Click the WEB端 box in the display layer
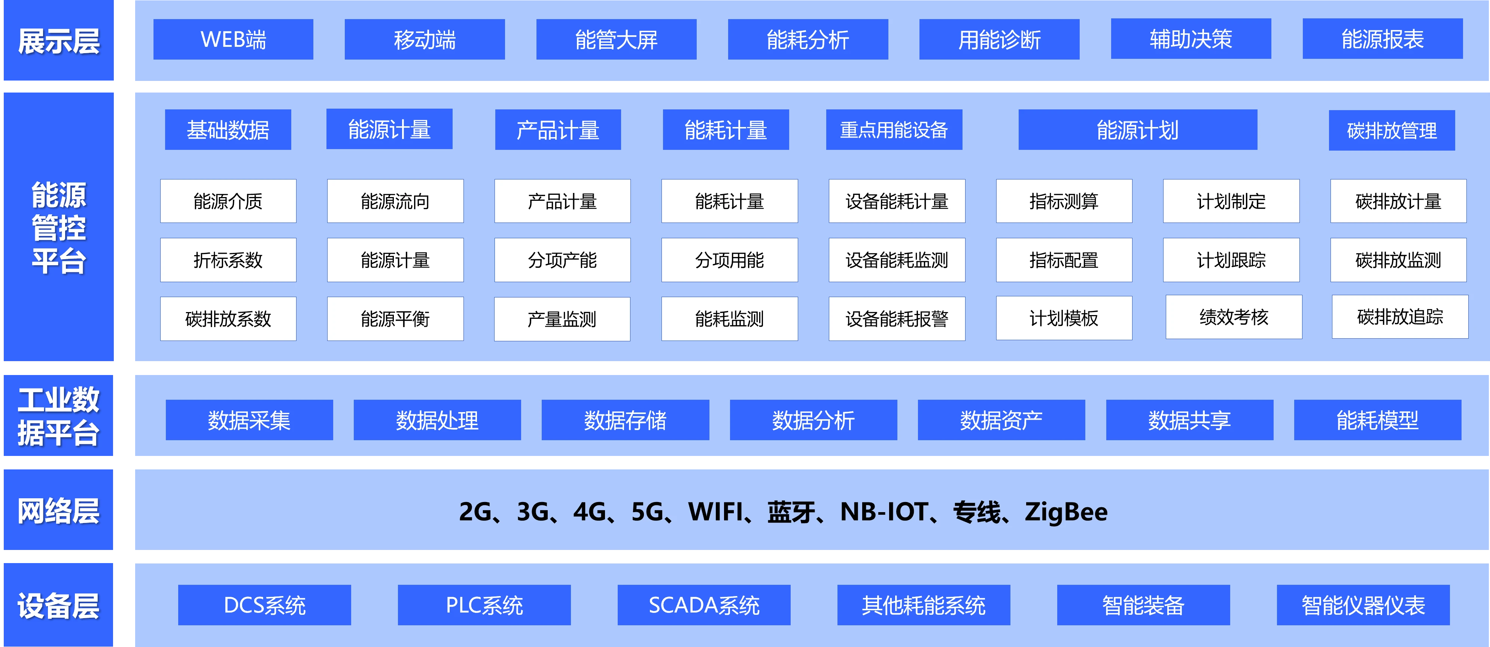[x=233, y=39]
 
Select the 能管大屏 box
[x=616, y=39]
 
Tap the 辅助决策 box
[x=1191, y=39]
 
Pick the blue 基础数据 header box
[x=228, y=130]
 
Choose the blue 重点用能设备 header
[x=894, y=130]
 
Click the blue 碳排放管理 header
[x=1391, y=130]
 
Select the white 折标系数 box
[x=228, y=260]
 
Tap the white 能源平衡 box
[x=395, y=318]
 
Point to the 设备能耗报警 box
[x=897, y=318]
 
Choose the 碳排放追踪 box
[x=1400, y=317]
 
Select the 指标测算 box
[x=1064, y=201]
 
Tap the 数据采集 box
[x=249, y=420]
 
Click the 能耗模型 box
[x=1377, y=420]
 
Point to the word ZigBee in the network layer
[x=1065, y=512]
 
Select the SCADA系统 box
[x=703, y=605]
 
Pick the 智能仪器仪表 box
[x=1363, y=605]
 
